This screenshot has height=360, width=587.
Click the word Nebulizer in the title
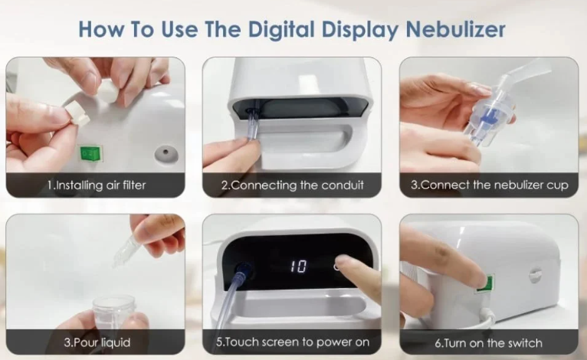(x=456, y=29)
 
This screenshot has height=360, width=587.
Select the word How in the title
(x=100, y=29)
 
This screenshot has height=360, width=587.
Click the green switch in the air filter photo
(x=90, y=153)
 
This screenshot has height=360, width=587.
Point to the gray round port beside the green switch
(x=166, y=154)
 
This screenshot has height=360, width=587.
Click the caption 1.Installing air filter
(x=97, y=185)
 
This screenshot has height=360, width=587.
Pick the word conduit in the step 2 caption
(x=343, y=185)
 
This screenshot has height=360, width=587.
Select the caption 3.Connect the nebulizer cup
(x=489, y=185)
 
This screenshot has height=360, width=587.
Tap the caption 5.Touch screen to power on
(x=293, y=342)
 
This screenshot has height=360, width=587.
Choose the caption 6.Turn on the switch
(x=489, y=343)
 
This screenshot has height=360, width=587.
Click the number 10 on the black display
(x=298, y=267)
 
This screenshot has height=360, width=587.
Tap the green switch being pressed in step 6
(x=487, y=283)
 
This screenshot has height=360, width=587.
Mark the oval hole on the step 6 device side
(x=536, y=275)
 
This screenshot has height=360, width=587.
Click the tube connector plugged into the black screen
(x=242, y=270)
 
